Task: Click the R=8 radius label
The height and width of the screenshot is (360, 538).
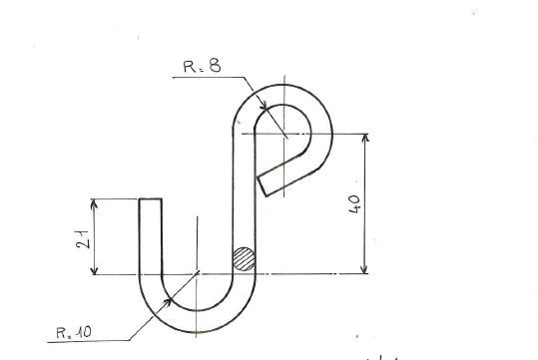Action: pos(202,66)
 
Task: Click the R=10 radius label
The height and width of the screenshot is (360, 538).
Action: pos(74,332)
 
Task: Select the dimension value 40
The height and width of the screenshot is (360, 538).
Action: pos(354,204)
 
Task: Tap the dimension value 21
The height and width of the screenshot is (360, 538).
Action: pos(82,239)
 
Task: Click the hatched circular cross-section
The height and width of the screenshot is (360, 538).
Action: pos(244,259)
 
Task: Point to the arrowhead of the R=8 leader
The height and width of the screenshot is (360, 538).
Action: pos(264,105)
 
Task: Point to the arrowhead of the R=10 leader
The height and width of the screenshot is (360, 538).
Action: pos(168,302)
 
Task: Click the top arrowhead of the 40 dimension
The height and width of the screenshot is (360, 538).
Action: pos(365,138)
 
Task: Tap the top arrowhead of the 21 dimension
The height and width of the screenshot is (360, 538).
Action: pos(94,203)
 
